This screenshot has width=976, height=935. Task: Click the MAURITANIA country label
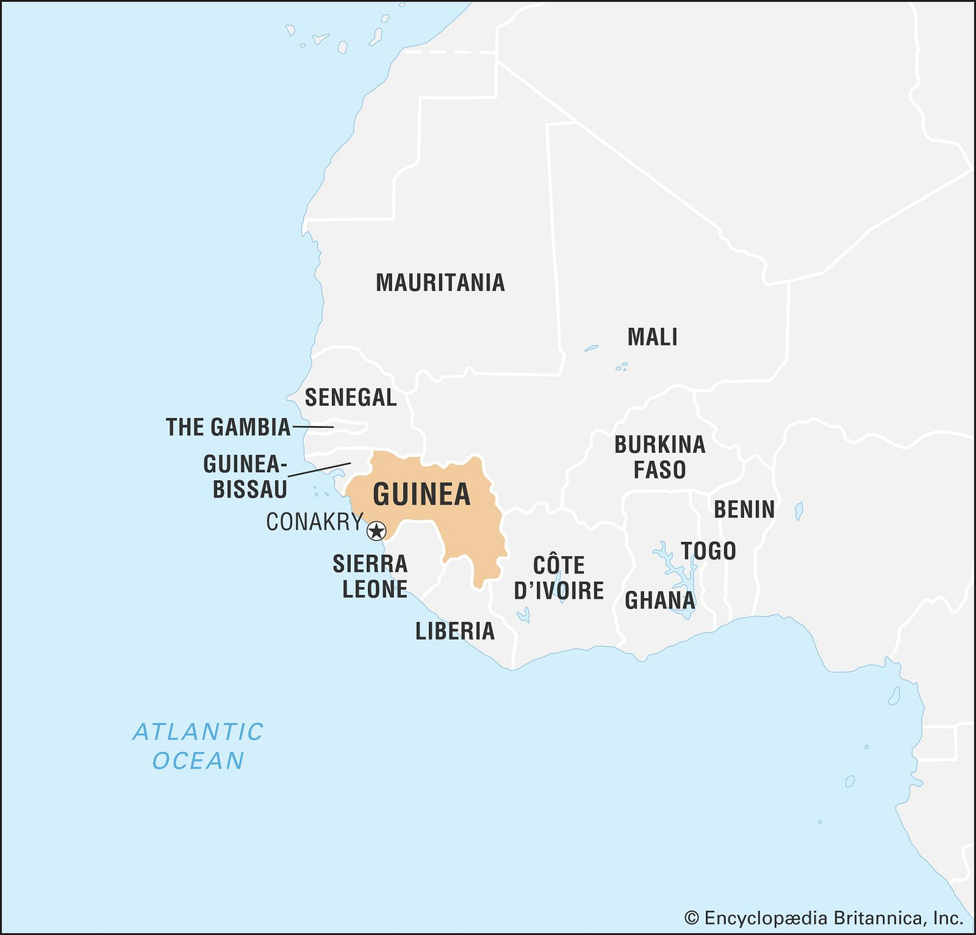tap(440, 282)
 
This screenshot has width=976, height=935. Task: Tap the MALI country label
tap(652, 337)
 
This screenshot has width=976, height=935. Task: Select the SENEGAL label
tap(351, 397)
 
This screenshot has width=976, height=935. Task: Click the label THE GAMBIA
tap(228, 427)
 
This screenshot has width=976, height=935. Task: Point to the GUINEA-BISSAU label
tap(245, 476)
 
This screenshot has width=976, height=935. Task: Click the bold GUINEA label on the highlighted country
tap(422, 494)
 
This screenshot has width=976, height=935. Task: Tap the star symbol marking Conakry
tap(377, 531)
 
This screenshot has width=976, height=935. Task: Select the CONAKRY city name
tap(314, 522)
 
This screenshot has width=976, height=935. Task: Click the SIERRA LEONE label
tap(371, 576)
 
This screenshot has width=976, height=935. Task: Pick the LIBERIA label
tap(454, 631)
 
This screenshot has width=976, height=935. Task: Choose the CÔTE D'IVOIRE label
tap(558, 577)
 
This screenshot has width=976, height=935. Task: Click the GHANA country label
tap(660, 600)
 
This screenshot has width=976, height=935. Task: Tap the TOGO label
tap(709, 551)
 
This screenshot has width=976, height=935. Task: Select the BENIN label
tap(744, 510)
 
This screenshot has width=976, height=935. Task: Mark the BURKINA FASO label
tap(660, 457)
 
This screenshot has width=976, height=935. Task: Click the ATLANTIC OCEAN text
tap(198, 746)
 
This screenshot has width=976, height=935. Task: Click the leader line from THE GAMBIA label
tap(313, 427)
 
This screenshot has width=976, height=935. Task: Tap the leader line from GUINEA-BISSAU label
tap(319, 470)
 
